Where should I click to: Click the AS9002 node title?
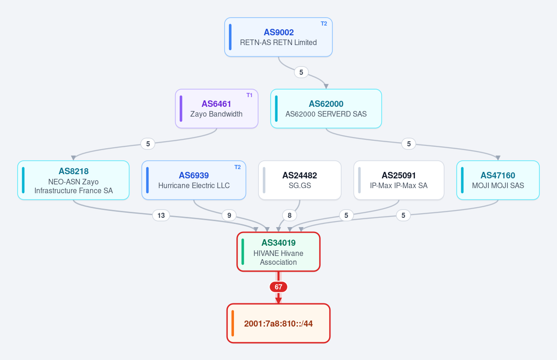(x=278, y=33)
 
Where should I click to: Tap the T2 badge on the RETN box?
(x=324, y=24)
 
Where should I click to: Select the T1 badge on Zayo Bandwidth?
(x=249, y=95)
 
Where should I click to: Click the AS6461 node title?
(x=216, y=104)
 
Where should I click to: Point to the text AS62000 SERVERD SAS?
(x=326, y=114)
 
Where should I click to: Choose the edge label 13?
(x=161, y=215)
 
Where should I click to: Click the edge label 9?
(x=229, y=215)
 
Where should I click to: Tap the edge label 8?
(x=290, y=215)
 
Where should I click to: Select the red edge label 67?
(x=278, y=287)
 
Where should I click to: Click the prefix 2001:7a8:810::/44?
(x=278, y=324)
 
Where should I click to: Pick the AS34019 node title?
(x=278, y=242)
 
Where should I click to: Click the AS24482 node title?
(x=300, y=176)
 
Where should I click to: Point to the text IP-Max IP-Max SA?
(x=399, y=186)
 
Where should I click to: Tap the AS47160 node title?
(x=498, y=176)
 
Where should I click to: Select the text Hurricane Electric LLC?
(x=194, y=186)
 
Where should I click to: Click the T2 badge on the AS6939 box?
(x=238, y=167)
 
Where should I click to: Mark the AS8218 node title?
(x=73, y=171)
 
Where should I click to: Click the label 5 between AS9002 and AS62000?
(x=301, y=72)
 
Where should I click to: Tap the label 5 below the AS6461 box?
(x=148, y=144)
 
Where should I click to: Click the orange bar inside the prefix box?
(x=233, y=323)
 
